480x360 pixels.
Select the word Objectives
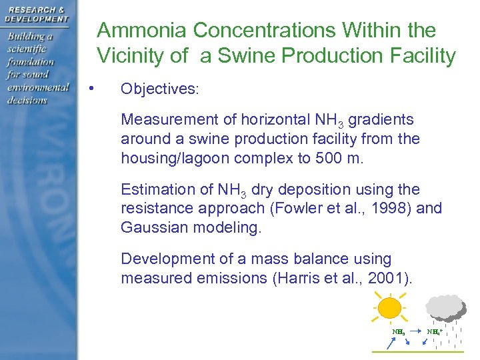pyautogui.click(x=159, y=89)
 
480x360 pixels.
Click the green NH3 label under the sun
pyautogui.click(x=399, y=331)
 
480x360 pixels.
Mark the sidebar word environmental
pyautogui.click(x=38, y=87)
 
